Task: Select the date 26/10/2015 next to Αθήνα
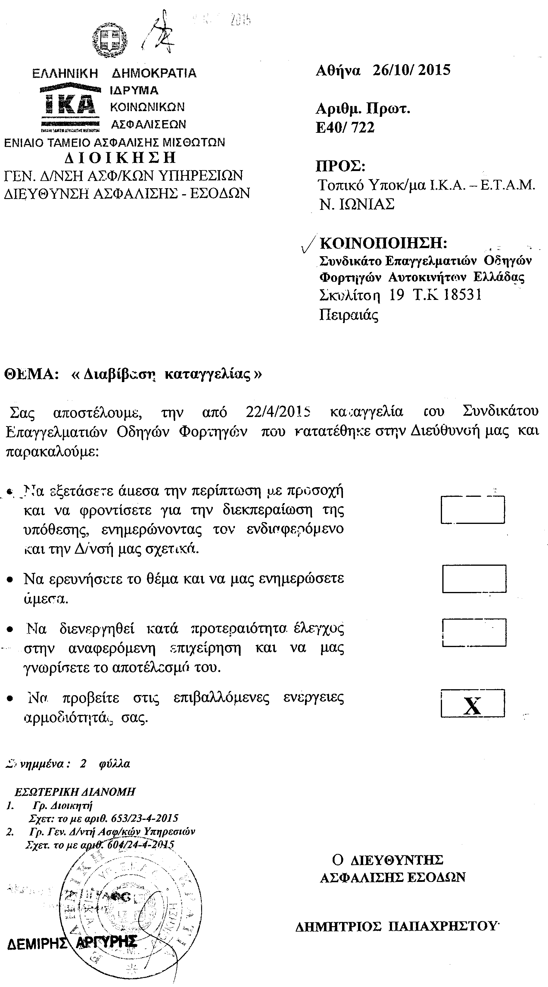[411, 70]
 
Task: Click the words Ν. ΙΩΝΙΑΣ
[357, 204]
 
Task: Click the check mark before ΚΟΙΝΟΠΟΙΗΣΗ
[309, 244]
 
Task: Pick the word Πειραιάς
[348, 315]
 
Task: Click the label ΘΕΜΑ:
[31, 374]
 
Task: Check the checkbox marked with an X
[472, 703]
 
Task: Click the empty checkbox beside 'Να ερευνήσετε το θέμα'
[474, 578]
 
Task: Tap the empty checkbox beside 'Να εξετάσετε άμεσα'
[472, 509]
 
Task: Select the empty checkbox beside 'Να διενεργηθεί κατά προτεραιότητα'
[474, 633]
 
